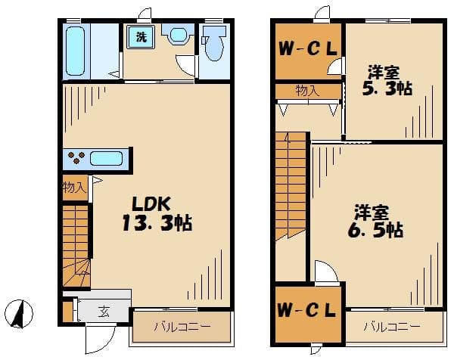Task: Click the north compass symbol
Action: click(x=19, y=314)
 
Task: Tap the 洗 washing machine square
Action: click(x=141, y=37)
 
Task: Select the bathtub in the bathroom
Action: click(x=75, y=51)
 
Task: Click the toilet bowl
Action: click(x=215, y=43)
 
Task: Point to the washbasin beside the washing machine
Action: click(x=178, y=35)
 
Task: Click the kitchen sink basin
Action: click(x=106, y=159)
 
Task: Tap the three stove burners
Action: click(x=76, y=157)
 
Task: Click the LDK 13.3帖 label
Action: click(x=157, y=214)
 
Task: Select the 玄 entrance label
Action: click(x=104, y=312)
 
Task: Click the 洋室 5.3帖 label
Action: click(x=387, y=80)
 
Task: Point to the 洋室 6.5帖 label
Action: click(x=375, y=222)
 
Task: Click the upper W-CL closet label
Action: click(x=308, y=48)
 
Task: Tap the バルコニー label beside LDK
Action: click(x=182, y=327)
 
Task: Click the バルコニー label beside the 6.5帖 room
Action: click(x=392, y=327)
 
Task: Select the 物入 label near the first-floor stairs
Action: click(x=74, y=188)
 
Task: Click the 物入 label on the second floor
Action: click(x=307, y=92)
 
